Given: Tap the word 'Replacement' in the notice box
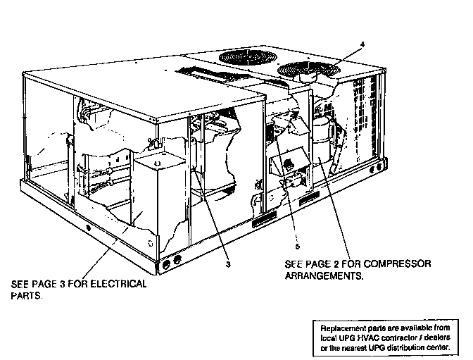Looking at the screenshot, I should tap(343, 328).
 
